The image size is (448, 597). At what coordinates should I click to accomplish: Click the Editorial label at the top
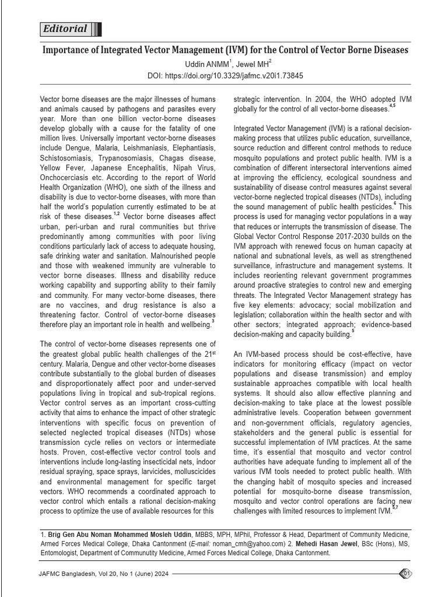[x=65, y=29]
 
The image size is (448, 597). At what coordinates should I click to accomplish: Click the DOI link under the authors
[x=225, y=76]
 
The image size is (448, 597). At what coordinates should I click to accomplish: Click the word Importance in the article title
[x=68, y=50]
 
